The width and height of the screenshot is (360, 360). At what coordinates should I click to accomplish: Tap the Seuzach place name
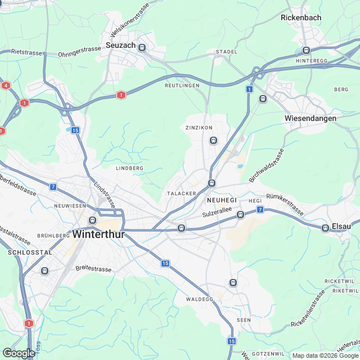click(120, 44)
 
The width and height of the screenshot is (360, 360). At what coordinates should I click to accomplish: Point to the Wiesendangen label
click(310, 118)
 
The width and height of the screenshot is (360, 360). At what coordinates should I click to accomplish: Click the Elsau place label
click(341, 226)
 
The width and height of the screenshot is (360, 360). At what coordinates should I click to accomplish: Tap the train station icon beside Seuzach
click(142, 48)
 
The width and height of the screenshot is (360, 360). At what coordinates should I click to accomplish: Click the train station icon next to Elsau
click(325, 228)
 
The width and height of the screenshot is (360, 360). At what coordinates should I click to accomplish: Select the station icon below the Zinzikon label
click(213, 140)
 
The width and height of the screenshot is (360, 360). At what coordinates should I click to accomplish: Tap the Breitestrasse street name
click(93, 269)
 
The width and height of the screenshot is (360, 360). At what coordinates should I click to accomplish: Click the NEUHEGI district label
click(222, 200)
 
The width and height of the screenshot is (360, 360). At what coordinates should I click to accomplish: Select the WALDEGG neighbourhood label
click(200, 299)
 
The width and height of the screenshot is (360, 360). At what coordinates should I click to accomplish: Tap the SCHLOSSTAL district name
click(30, 253)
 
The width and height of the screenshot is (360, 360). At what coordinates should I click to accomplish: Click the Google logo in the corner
click(19, 353)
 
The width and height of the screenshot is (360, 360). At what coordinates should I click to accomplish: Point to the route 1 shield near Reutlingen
click(121, 96)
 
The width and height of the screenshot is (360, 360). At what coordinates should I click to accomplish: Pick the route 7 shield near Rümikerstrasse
click(260, 210)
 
